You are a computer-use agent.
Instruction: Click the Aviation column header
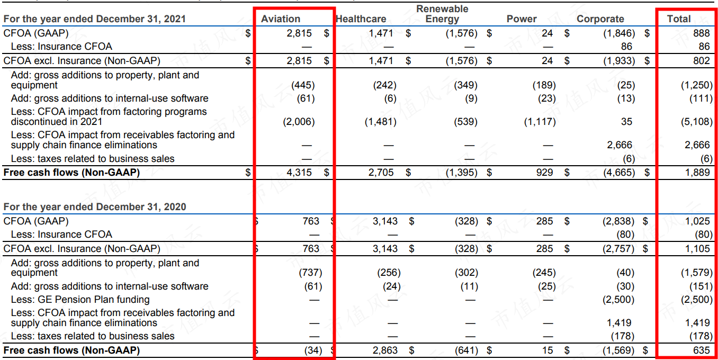(281, 19)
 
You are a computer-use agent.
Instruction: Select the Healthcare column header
(361, 19)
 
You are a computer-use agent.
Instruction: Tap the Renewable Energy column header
(442, 14)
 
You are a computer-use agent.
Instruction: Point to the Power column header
(522, 19)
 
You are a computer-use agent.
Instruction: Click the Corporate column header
(600, 19)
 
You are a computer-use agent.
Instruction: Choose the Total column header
(679, 19)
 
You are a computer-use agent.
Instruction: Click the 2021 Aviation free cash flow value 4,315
(299, 173)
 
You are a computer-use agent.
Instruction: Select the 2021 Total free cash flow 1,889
(697, 173)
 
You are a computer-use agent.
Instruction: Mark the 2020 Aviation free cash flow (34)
(313, 350)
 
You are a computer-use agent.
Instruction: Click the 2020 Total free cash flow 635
(702, 350)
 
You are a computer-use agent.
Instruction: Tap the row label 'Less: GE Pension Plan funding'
(80, 300)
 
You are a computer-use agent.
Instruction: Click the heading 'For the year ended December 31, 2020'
(95, 207)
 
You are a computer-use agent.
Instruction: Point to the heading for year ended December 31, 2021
(95, 19)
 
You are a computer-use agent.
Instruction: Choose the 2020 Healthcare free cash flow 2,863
(385, 350)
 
